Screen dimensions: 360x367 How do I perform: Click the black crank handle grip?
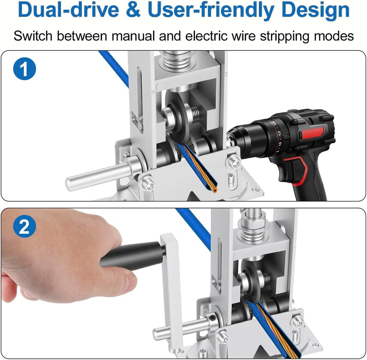132,255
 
